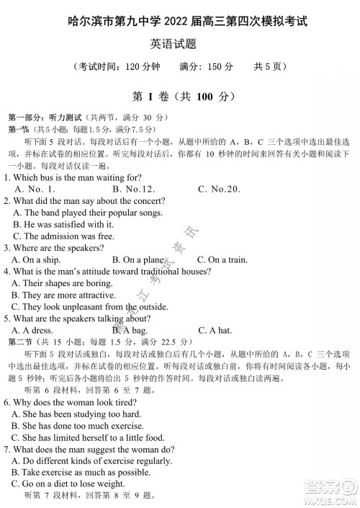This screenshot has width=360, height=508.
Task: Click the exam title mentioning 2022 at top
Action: (180, 22)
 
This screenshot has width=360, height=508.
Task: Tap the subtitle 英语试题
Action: (179, 45)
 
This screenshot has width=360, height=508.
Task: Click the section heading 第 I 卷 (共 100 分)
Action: (180, 95)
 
